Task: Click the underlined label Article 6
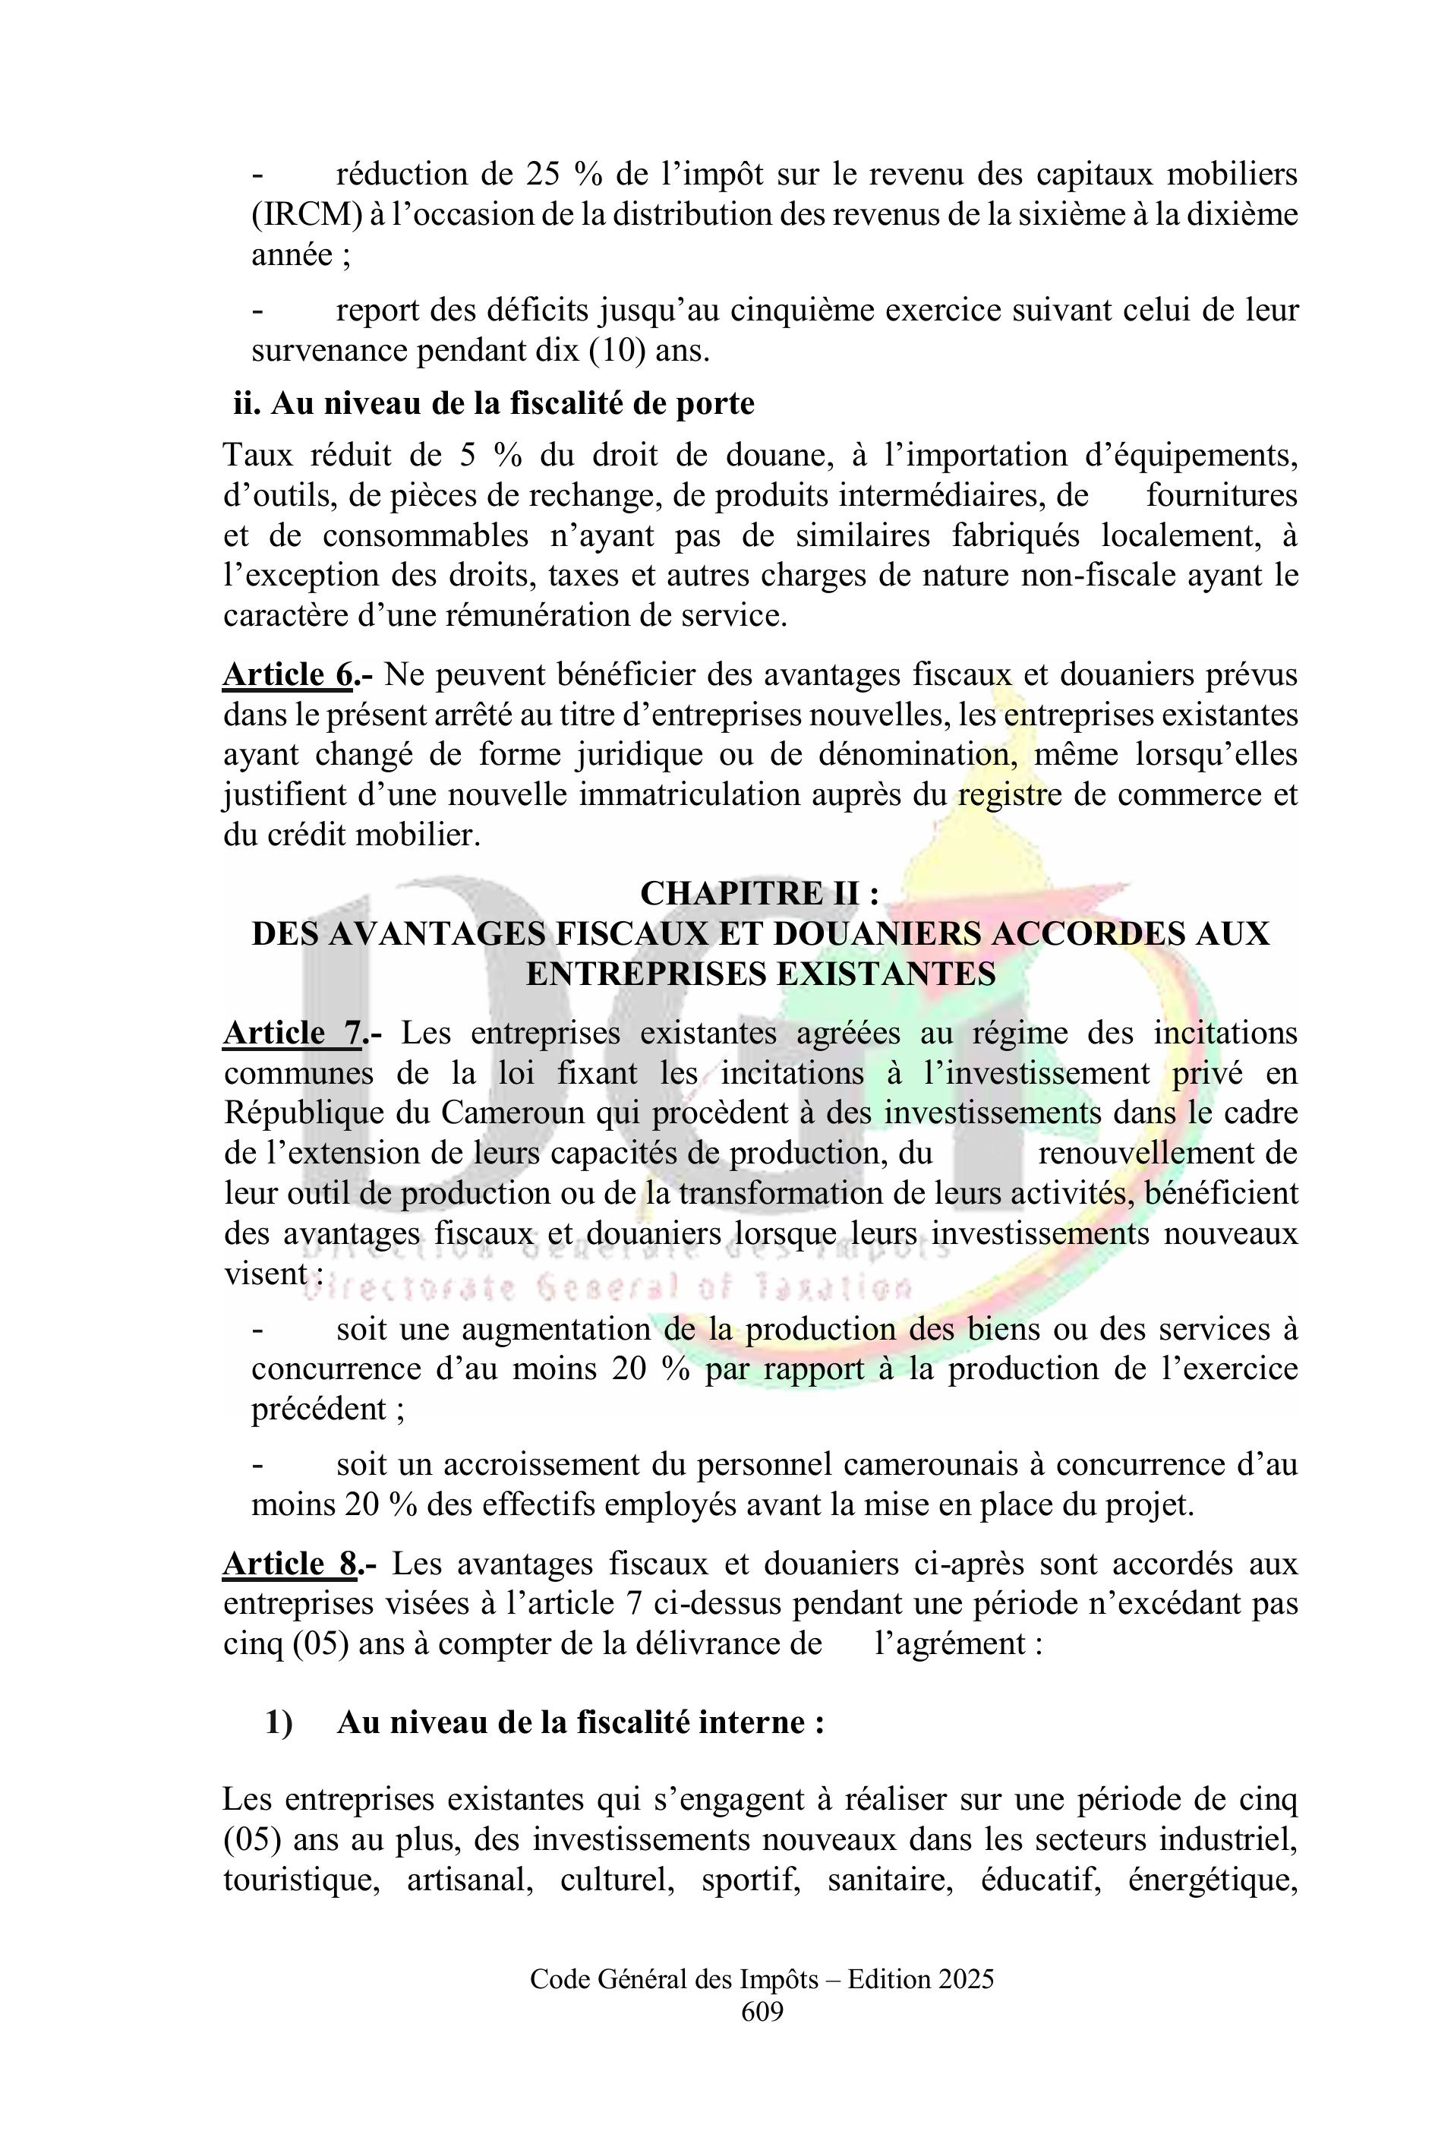(287, 676)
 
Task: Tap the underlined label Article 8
(289, 1564)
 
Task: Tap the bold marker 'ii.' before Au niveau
(248, 404)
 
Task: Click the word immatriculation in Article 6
(690, 795)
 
